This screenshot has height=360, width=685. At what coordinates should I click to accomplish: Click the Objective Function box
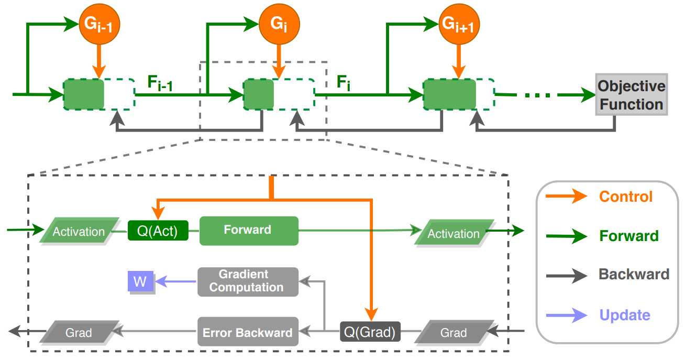point(631,95)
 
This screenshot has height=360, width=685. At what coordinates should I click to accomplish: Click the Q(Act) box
point(158,231)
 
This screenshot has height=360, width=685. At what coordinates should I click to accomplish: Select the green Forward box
point(249,231)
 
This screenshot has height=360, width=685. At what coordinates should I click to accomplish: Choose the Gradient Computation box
point(248,281)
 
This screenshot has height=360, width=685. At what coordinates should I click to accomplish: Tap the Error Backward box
point(248,332)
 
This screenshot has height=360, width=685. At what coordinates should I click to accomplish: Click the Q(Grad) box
point(370,332)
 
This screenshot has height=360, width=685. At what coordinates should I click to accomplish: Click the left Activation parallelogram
point(79,232)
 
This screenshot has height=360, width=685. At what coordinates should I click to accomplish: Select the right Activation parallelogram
point(454,233)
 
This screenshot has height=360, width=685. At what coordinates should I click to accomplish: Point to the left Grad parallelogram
point(79,332)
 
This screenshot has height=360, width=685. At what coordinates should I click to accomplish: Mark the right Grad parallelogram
point(453,332)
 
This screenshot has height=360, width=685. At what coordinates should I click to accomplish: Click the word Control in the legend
point(626,197)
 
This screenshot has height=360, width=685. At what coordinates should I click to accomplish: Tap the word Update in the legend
point(625,315)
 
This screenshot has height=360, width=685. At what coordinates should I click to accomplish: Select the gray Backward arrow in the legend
point(566,275)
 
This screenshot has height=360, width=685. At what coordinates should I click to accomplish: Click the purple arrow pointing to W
point(176,282)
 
